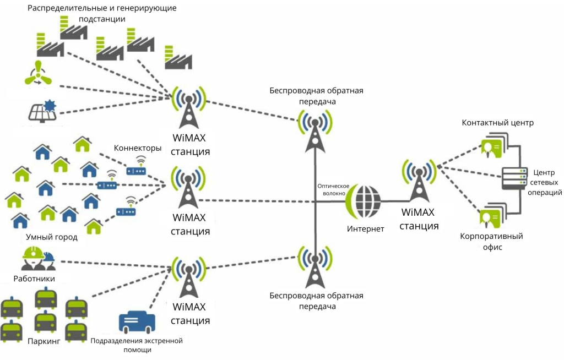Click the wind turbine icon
click(37, 74)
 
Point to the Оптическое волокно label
click(331, 190)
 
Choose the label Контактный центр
click(497, 122)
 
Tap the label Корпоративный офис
click(491, 242)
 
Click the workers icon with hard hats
click(39, 257)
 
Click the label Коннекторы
click(138, 148)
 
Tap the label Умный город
click(52, 237)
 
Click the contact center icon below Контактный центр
click(492, 146)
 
